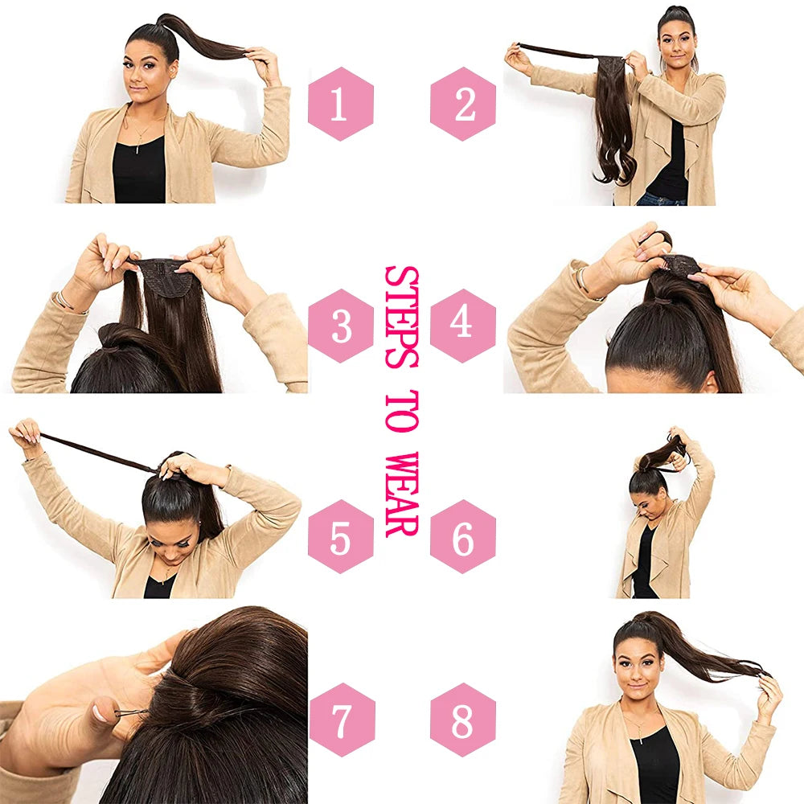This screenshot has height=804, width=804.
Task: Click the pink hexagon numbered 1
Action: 341,104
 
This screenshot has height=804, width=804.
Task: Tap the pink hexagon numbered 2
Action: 462,104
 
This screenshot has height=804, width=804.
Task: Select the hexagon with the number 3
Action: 341,326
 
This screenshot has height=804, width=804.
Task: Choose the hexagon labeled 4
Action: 462,322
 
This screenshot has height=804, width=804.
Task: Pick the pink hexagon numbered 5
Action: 341,536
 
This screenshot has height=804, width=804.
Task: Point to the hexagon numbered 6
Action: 462,536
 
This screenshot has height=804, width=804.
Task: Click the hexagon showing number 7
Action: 341,720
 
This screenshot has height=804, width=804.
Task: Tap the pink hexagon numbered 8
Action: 462,720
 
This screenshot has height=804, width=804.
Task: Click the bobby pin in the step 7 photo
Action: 129,712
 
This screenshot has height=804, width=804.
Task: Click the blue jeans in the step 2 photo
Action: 659,199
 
